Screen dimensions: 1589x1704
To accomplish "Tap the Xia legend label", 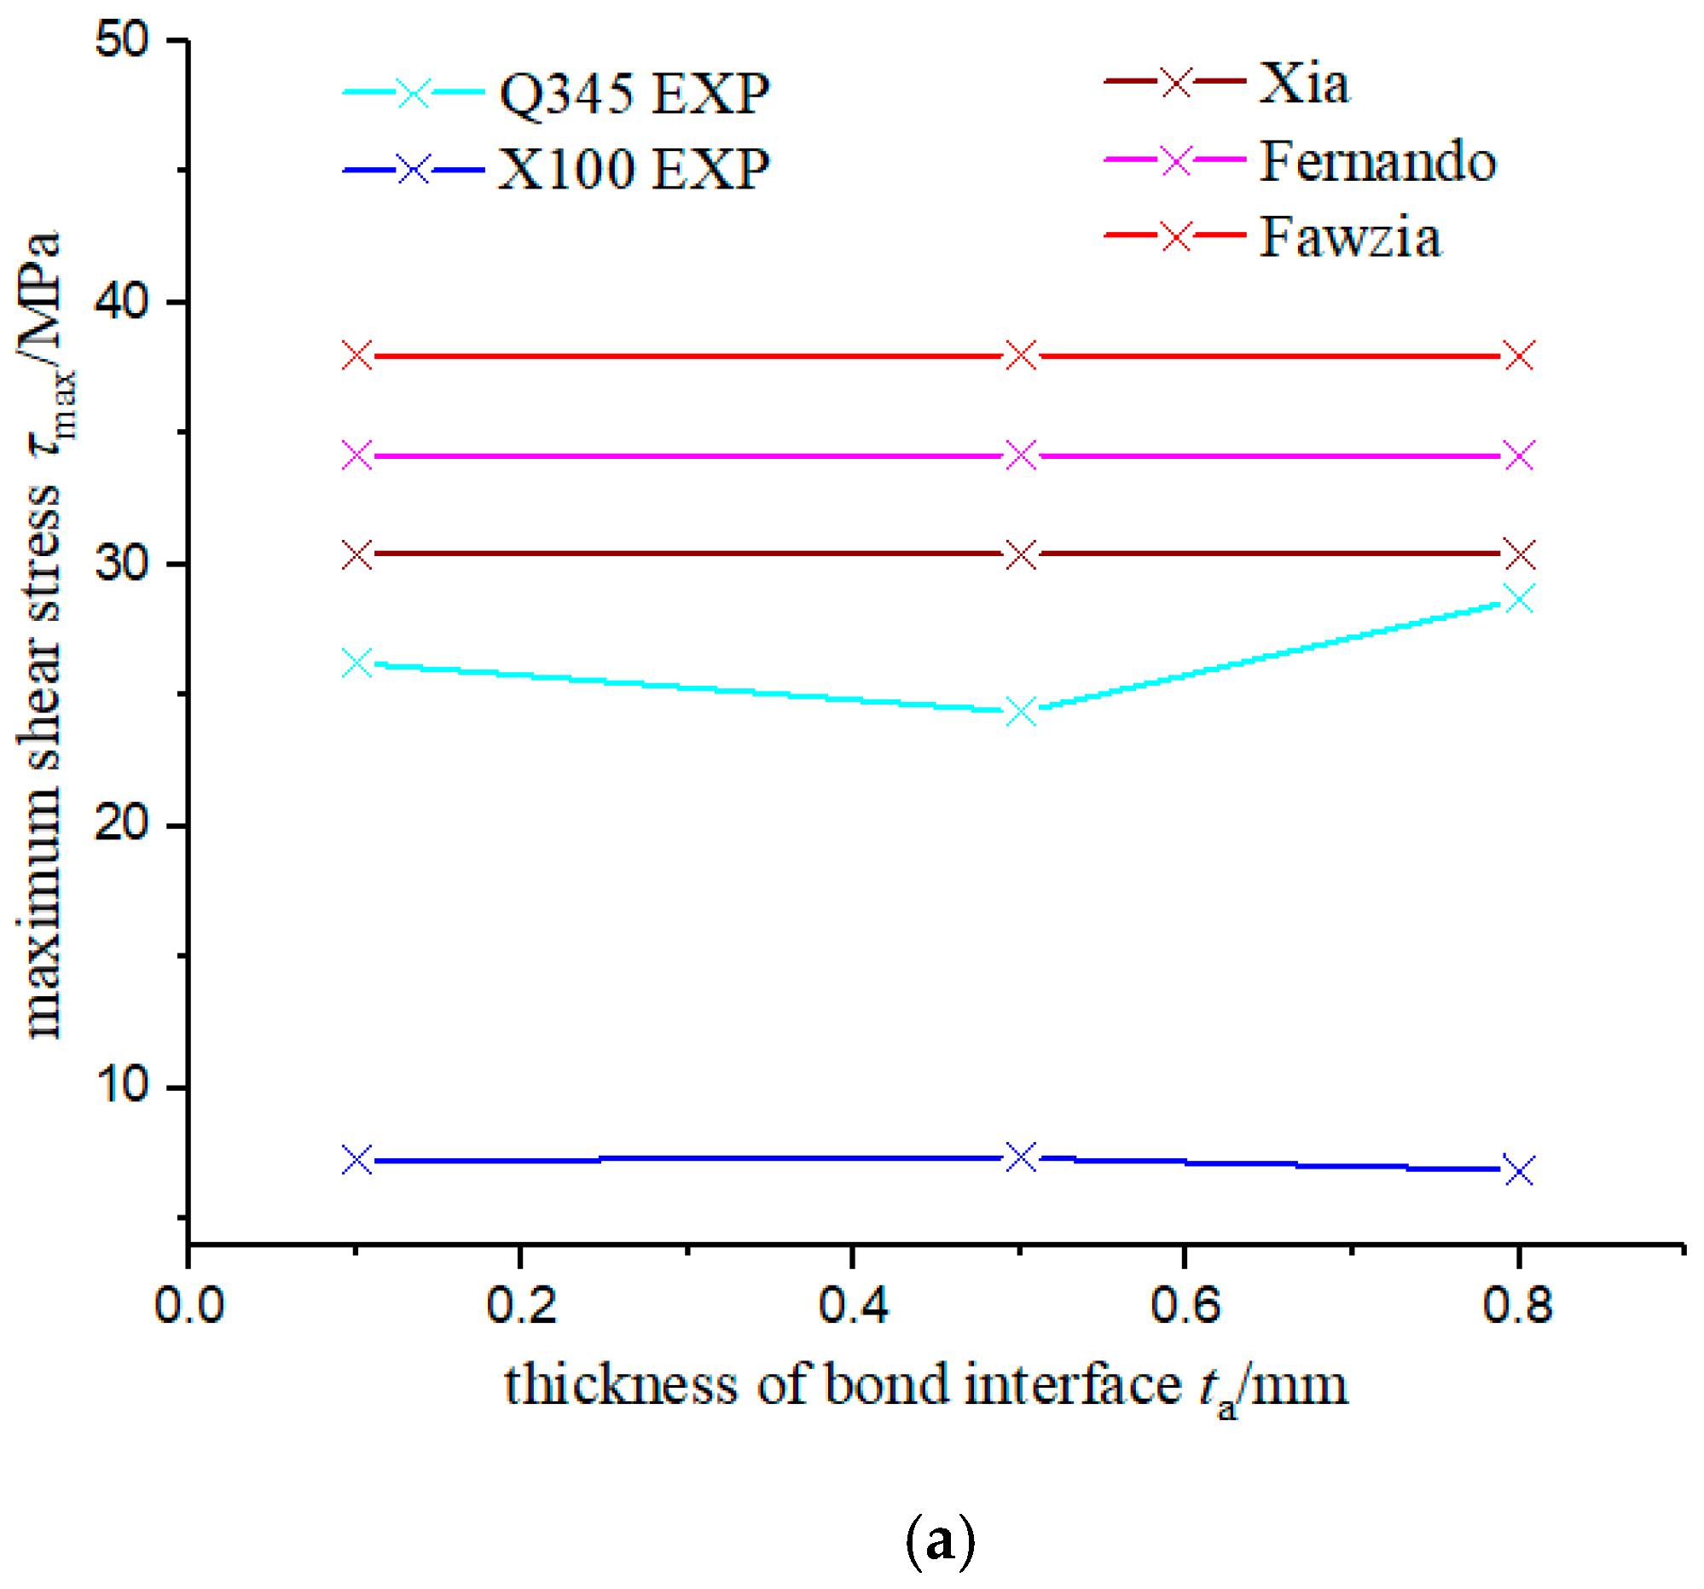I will [1303, 84].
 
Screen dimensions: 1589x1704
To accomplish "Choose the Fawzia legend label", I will [1350, 235].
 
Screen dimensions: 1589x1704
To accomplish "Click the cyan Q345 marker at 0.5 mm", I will [1021, 711].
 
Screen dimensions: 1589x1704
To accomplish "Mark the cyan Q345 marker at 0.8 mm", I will [1520, 598].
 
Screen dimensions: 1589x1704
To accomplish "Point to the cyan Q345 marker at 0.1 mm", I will [357, 663].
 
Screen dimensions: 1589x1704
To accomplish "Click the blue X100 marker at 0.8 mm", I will [1520, 1171].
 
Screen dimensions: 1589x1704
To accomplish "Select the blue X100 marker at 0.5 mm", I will [1021, 1157].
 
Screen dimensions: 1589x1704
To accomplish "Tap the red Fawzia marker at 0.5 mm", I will [1021, 355].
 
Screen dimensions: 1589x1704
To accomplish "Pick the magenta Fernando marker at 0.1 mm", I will [357, 455].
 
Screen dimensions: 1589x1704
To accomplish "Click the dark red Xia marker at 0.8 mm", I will [1520, 555].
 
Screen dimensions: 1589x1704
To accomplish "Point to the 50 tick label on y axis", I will [121, 39].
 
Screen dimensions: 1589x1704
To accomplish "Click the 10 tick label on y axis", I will [121, 1085].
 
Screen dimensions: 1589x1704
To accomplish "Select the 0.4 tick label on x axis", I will [852, 1305].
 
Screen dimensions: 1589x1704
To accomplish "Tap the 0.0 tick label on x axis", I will [188, 1305].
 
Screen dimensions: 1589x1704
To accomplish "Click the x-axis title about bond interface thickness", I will [925, 1387].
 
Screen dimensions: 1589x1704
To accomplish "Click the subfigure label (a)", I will [940, 1540].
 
